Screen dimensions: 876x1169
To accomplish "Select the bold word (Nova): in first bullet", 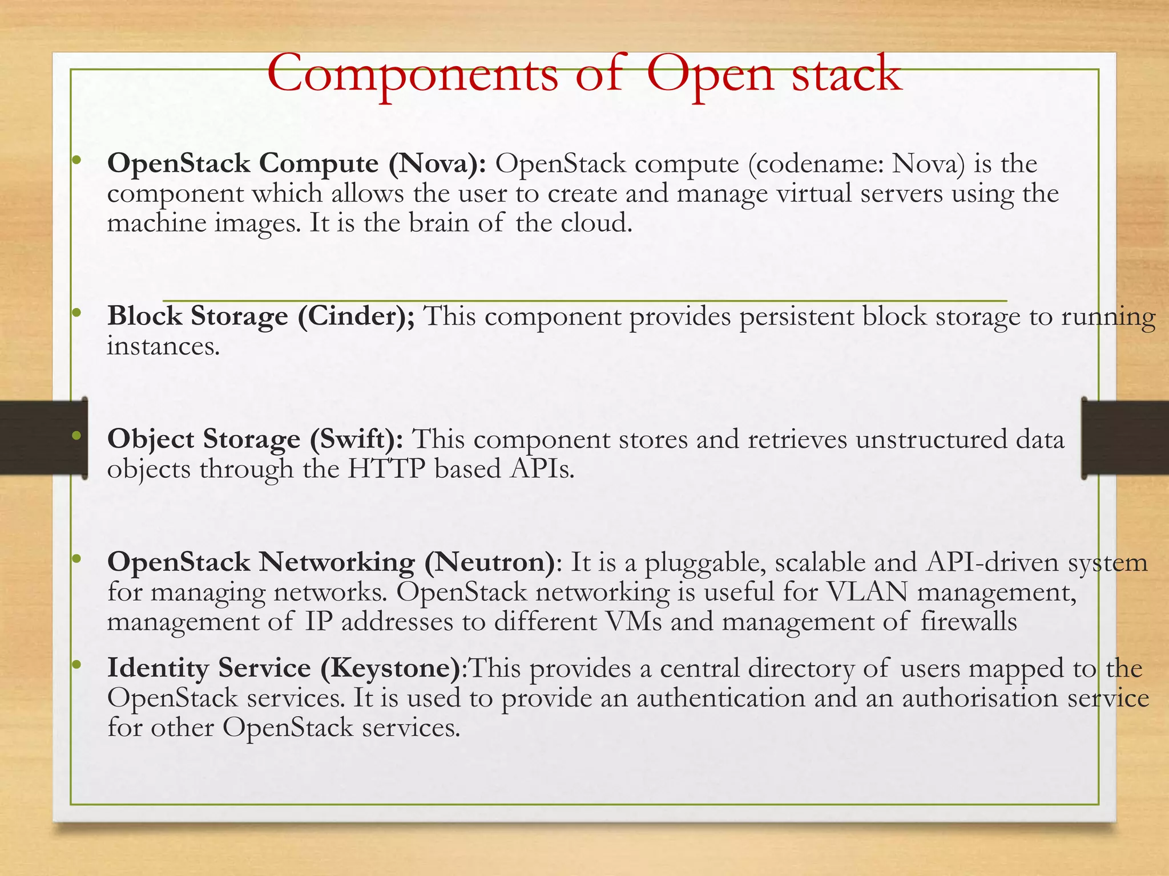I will coord(437,164).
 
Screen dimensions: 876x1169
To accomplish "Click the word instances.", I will coord(163,346).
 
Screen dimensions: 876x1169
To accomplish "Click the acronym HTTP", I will coord(386,469).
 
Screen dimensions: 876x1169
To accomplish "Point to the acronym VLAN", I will coord(867,592).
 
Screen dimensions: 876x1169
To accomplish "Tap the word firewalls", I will coord(969,622).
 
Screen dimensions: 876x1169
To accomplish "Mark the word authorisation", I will coord(980,698).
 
